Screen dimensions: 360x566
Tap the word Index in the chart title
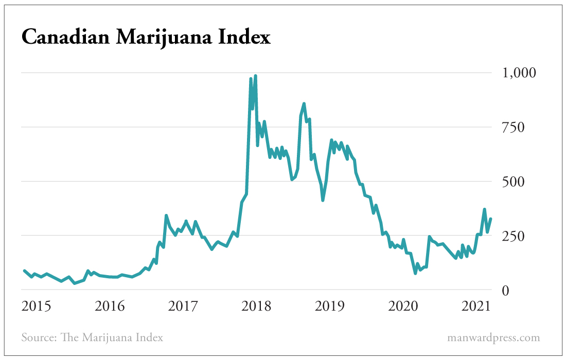click(243, 38)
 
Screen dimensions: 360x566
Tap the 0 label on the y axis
click(506, 291)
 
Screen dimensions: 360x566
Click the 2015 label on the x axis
click(36, 307)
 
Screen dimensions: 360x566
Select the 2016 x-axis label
click(110, 307)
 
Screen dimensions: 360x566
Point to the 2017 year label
click(183, 307)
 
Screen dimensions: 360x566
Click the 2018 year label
click(256, 307)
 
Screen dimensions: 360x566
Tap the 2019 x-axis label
click(329, 307)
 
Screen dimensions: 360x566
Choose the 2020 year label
click(402, 307)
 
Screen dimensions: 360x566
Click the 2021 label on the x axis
click(475, 307)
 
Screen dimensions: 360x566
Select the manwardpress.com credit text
click(493, 338)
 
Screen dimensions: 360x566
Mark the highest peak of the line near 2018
click(255, 76)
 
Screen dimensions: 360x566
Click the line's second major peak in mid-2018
click(304, 104)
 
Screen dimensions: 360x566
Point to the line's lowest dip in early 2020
click(415, 273)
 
